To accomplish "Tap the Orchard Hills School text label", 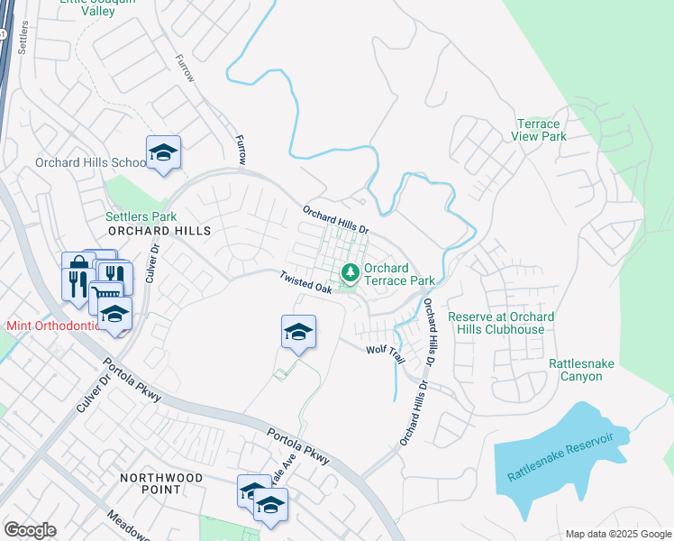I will [x=90, y=163].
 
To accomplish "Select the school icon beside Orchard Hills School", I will [x=163, y=152].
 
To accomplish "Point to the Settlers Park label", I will [x=141, y=216].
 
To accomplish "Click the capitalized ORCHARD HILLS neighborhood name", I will [x=159, y=231].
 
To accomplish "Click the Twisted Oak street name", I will [x=306, y=282].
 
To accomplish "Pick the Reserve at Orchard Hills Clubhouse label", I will [x=501, y=323].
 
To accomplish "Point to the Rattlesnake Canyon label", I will [x=581, y=370].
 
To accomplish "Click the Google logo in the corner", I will [x=31, y=529].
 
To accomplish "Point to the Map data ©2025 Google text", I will [x=617, y=534].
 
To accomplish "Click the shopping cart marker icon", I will [x=106, y=293].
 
